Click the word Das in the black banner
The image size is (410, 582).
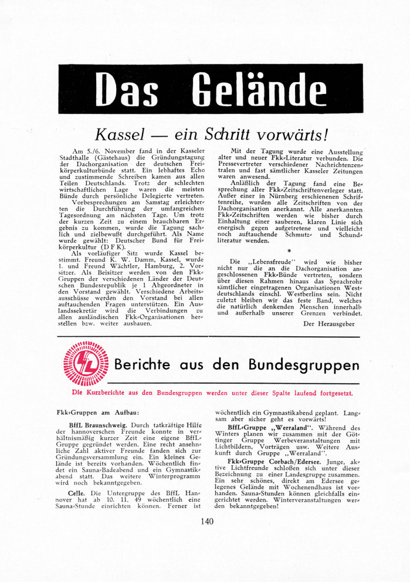pos(127,90)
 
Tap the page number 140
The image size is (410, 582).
pos(206,521)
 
